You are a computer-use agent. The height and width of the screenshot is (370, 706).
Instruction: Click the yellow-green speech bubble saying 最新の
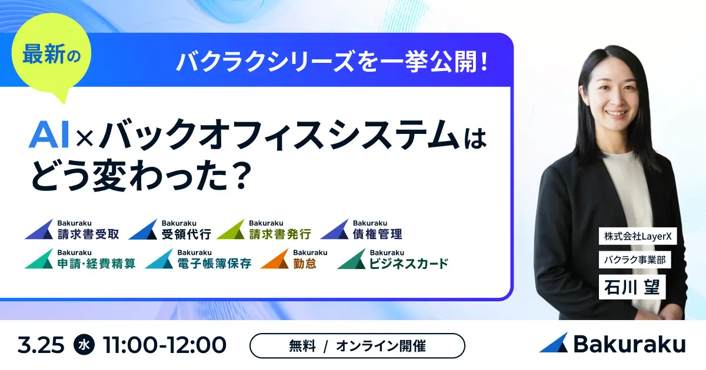pos(51,53)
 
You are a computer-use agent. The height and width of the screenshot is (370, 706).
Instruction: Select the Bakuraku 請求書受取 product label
pos(72,230)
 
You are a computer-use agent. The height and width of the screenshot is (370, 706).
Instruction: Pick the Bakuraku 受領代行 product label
pos(170,230)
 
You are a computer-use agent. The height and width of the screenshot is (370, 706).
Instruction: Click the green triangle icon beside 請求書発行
pos(231,230)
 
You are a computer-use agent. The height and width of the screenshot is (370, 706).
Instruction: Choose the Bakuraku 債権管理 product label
pos(361,230)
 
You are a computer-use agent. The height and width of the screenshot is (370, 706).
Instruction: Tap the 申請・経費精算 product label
pos(80,259)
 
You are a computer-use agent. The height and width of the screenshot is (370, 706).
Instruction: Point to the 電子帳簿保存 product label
pos(198,259)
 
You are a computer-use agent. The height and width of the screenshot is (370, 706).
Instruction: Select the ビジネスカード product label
pos(393,259)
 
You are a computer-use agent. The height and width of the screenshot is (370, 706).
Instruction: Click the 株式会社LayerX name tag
pos(638,236)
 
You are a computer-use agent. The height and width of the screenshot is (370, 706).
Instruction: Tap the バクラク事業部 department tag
pos(635,260)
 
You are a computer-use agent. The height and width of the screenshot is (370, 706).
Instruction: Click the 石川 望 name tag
pos(632,287)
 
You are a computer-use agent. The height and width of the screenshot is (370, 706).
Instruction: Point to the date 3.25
pos(41,345)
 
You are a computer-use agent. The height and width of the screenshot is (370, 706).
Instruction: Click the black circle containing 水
pos(84,345)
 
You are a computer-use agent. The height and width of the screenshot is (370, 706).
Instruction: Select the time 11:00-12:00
pos(165,345)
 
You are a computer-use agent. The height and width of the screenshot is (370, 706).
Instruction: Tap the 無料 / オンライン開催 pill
pos(357,346)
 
